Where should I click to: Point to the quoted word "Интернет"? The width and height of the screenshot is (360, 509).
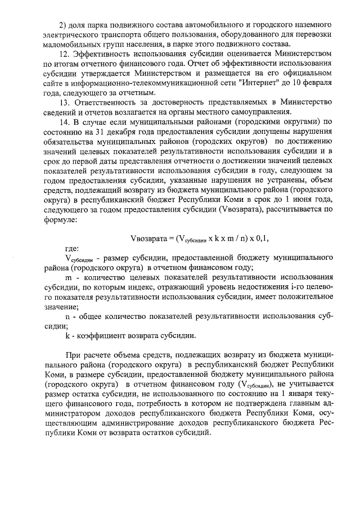coord(254,82)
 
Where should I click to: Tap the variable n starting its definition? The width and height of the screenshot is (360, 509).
coord(67,316)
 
